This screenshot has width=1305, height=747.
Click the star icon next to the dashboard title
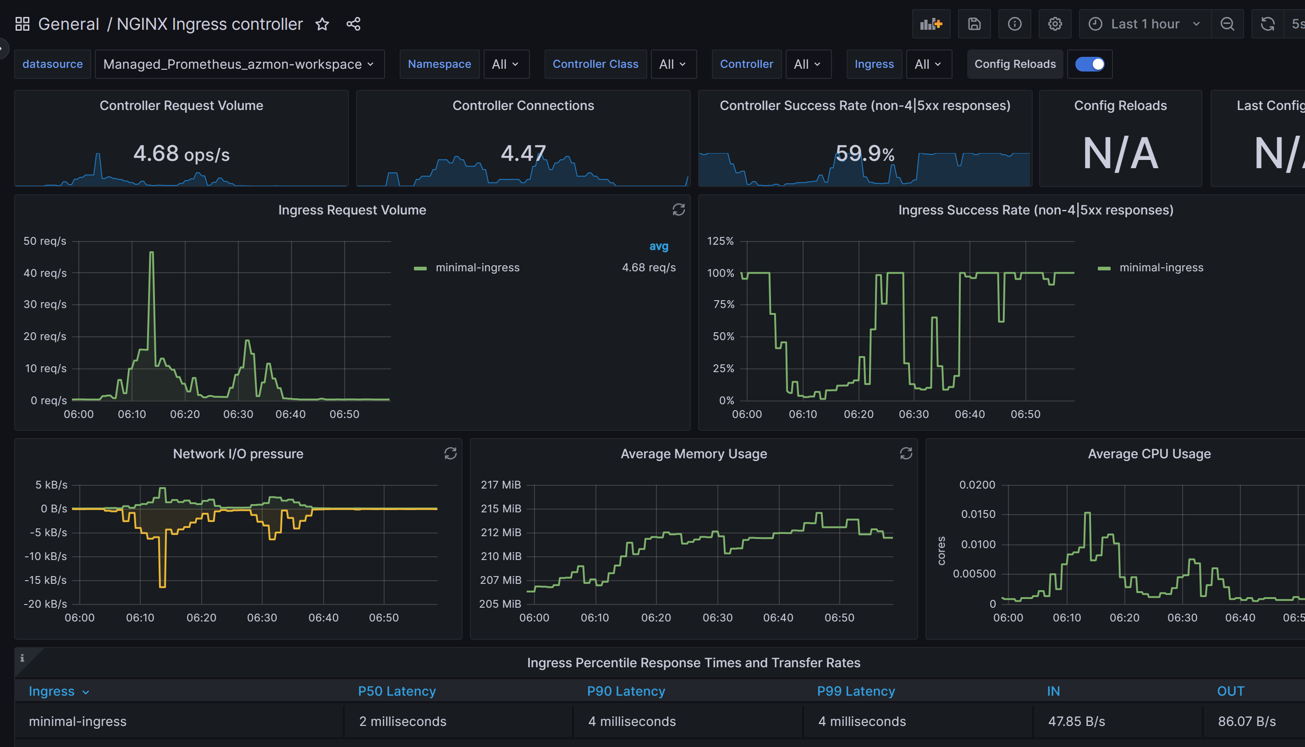(x=322, y=24)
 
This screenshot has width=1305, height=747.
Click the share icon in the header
(x=353, y=24)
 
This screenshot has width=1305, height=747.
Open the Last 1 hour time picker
(x=1145, y=24)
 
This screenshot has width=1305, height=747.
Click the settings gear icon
(x=1055, y=24)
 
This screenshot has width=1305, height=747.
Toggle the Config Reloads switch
(x=1090, y=64)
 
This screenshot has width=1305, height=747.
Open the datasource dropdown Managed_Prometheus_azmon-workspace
(x=239, y=64)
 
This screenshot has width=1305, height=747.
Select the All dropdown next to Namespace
(x=506, y=64)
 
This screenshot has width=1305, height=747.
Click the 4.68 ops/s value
(x=181, y=154)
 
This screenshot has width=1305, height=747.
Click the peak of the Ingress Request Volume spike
(x=151, y=253)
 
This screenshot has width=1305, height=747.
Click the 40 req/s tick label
(x=45, y=273)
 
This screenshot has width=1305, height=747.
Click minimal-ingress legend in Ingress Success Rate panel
(x=1161, y=267)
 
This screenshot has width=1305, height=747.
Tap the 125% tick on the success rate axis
(x=720, y=241)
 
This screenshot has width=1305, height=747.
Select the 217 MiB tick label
(x=501, y=485)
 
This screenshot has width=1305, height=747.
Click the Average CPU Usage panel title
(x=1149, y=454)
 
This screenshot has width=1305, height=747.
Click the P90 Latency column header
(x=626, y=691)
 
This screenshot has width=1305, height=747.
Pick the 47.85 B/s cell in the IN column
(x=1076, y=721)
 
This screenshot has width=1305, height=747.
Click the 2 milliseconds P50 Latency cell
(x=402, y=721)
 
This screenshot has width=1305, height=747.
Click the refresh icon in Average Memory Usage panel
(x=906, y=454)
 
